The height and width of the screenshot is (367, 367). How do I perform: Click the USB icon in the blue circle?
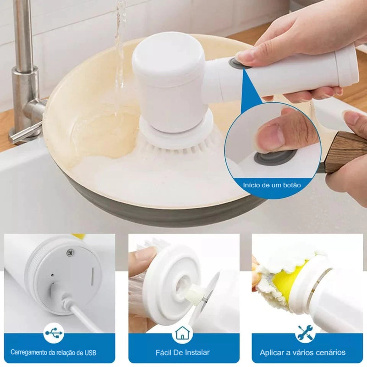click(x=54, y=334)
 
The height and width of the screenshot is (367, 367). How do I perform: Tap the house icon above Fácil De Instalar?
click(x=182, y=334)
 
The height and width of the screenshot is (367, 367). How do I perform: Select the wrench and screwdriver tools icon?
click(x=306, y=334)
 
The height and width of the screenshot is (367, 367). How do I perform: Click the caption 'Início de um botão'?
click(x=272, y=185)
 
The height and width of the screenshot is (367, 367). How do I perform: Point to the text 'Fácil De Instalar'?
click(x=183, y=352)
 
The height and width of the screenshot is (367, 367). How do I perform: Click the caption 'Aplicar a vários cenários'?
click(x=303, y=352)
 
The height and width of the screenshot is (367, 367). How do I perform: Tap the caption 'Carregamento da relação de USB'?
click(x=53, y=353)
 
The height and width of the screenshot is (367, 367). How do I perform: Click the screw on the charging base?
click(x=70, y=252)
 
